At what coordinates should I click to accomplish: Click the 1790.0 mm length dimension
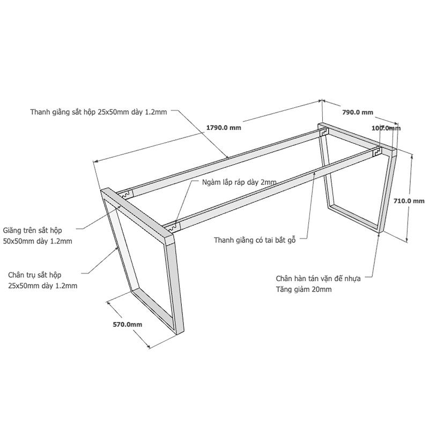[224, 128]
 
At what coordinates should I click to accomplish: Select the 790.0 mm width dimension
[358, 112]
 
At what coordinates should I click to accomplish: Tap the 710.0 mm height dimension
[409, 201]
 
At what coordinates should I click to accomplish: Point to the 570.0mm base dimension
[128, 324]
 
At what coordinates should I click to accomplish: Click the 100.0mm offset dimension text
[386, 128]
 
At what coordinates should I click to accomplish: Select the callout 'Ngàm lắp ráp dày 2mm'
[239, 182]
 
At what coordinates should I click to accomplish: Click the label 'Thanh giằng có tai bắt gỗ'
[255, 240]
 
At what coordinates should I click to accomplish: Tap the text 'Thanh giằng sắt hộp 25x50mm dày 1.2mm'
[99, 112]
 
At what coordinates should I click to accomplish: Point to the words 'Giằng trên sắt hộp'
[32, 231]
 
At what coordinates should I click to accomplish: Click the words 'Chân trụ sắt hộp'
[34, 275]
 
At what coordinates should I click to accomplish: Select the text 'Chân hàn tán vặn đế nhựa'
[318, 278]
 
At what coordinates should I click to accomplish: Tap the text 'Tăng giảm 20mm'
[304, 289]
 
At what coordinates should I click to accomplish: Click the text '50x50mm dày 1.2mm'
[38, 241]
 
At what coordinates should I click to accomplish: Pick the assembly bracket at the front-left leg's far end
[125, 195]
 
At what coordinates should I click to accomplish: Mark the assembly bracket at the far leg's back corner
[324, 132]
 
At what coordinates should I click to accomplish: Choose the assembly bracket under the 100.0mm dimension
[378, 151]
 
